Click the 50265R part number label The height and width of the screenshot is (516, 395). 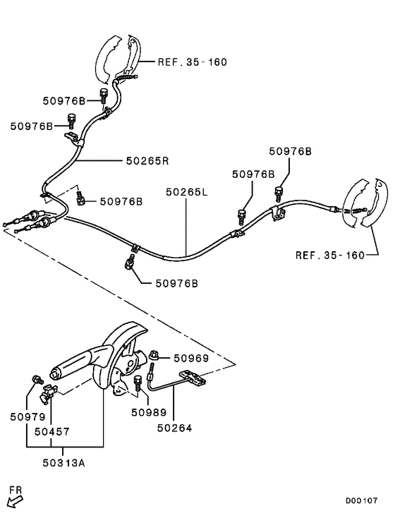coord(147,160)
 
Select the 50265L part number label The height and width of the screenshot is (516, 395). coord(187,191)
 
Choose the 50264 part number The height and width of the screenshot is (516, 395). coord(174,428)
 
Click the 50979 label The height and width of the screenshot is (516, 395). coord(27,416)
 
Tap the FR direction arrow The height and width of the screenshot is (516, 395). coord(13,499)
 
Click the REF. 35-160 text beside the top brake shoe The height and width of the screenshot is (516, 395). coord(191,62)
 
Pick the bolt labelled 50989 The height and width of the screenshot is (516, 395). coord(138,385)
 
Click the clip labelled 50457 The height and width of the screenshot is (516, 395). coord(49,390)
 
